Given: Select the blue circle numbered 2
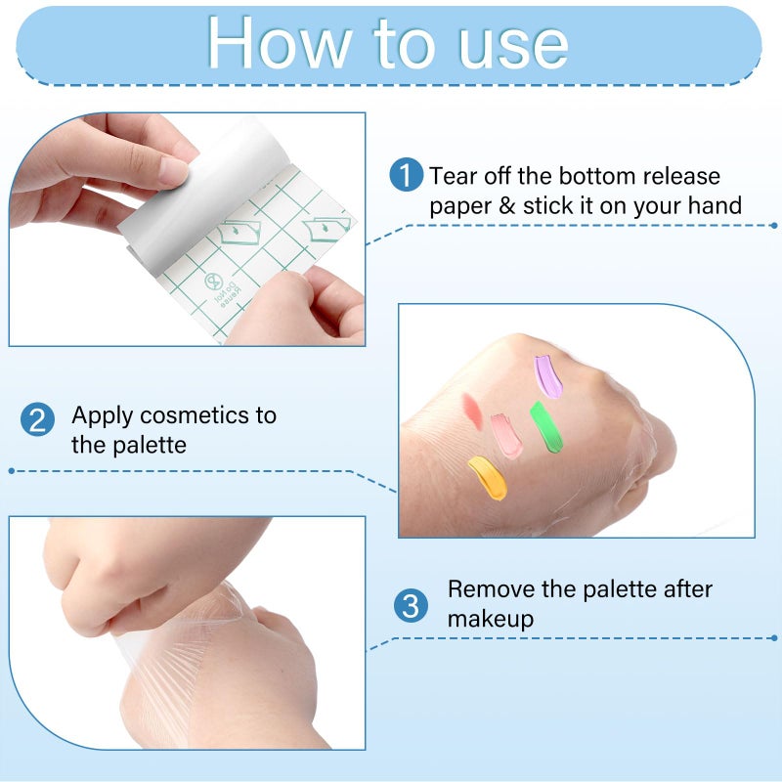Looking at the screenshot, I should pos(36,421).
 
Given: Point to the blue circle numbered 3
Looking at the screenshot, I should pos(411,605).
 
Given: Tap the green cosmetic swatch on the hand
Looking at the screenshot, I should pos(546,428).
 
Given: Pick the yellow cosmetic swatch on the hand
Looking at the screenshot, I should pos(487,478).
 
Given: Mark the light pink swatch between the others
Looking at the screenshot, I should pos(506,436).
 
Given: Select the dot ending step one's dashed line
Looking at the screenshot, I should pos(773,225).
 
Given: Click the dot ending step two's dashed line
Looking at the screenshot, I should pos(11,470).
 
